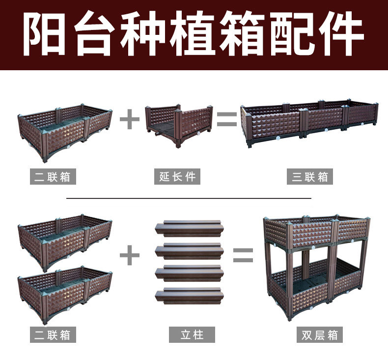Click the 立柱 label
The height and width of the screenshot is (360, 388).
click(x=192, y=335)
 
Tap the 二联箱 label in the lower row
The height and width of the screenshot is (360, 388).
click(x=53, y=335)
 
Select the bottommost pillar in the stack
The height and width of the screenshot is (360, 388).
click(x=189, y=295)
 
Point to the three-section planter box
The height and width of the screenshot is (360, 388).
click(x=309, y=123)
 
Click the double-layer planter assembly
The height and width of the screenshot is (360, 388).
click(x=317, y=265)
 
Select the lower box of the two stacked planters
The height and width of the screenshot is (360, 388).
click(x=65, y=295)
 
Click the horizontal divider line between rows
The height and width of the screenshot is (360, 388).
click(x=189, y=198)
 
